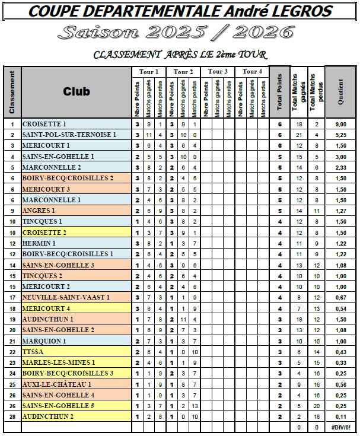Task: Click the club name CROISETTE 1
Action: (x=44, y=124)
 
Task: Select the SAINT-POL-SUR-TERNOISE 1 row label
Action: (x=69, y=135)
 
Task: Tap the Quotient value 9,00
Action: (x=340, y=124)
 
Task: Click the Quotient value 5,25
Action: (x=340, y=135)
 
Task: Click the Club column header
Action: (x=77, y=91)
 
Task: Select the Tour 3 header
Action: (x=218, y=72)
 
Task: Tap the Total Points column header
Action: (x=279, y=92)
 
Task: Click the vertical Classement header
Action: (x=12, y=92)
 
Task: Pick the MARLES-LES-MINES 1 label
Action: (x=58, y=362)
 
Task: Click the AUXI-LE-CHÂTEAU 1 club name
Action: (x=58, y=384)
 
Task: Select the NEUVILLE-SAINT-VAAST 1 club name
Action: (x=66, y=297)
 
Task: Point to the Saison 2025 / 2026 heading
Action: (x=180, y=32)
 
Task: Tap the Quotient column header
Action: (x=340, y=92)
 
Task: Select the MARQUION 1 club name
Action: (x=44, y=340)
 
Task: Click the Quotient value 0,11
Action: (x=340, y=416)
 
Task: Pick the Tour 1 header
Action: (x=149, y=72)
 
